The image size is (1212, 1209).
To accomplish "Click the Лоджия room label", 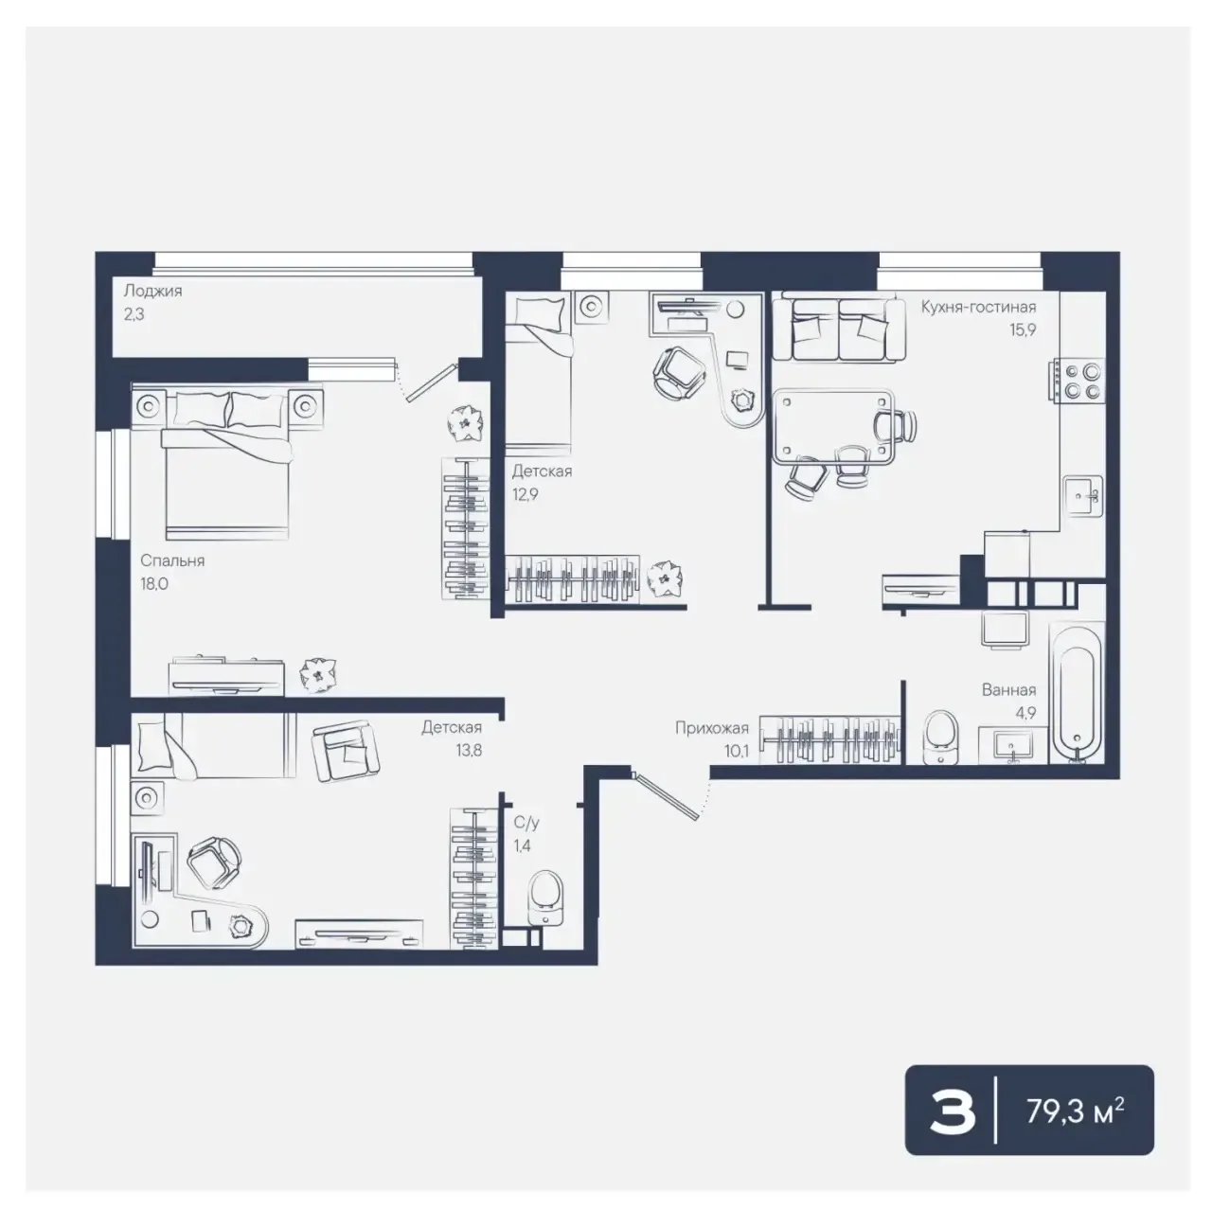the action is (x=152, y=292).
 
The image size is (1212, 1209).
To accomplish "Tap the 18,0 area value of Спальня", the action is (x=154, y=584).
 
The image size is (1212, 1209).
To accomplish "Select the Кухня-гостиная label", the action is (x=978, y=307).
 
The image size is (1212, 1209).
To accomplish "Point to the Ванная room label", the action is (x=1008, y=690).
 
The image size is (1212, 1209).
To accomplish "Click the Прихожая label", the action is (x=712, y=728).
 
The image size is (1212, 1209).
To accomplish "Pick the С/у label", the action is (x=526, y=823).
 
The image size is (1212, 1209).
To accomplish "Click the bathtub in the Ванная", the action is (x=1077, y=693).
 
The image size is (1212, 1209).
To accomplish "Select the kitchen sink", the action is (x=1082, y=496).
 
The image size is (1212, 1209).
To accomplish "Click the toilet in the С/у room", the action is (x=545, y=898).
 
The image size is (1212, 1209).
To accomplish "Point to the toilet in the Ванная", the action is (x=941, y=737).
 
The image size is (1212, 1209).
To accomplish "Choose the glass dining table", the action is (x=832, y=427).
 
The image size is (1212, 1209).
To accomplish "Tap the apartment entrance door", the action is (x=667, y=795).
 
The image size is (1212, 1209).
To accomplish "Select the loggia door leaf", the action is (x=432, y=382).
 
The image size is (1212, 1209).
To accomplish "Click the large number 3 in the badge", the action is (x=953, y=1112).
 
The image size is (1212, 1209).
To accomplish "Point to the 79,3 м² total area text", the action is (x=1075, y=1111).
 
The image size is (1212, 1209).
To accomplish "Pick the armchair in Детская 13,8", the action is (x=346, y=751).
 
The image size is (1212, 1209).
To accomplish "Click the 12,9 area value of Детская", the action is (x=525, y=494).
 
